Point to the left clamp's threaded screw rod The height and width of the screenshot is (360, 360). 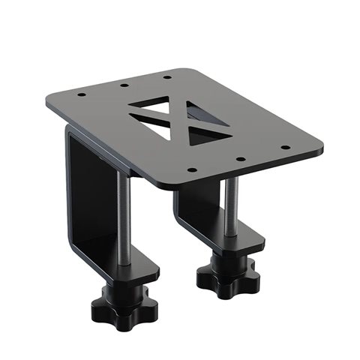point(124,217)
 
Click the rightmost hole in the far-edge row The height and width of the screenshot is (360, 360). point(166,76)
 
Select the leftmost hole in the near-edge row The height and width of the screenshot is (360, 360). point(192,171)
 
